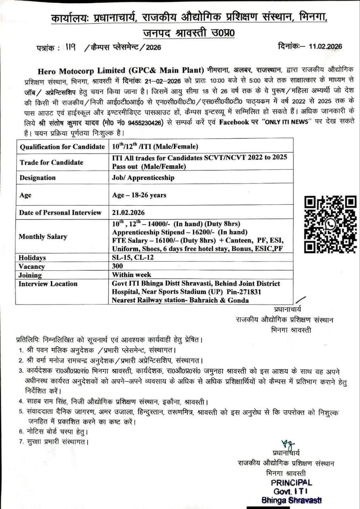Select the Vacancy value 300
pos(118,266)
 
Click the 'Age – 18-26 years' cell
pos(139,195)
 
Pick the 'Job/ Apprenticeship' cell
pos(143,178)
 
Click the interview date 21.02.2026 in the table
pos(128,213)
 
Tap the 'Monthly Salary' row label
pos(43,237)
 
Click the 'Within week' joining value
pos(132,275)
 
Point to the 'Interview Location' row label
pos(48,284)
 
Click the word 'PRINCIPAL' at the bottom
pos(292,483)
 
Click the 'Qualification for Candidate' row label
pos(62,147)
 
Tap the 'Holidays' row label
pos(33,258)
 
